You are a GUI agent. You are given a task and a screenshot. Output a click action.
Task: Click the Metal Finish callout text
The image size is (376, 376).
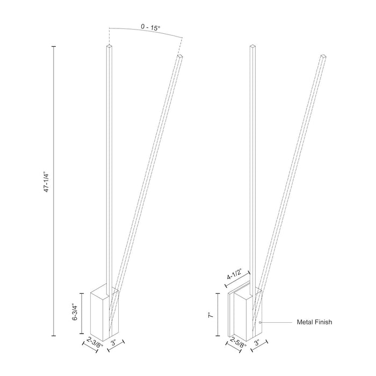[x=314, y=322]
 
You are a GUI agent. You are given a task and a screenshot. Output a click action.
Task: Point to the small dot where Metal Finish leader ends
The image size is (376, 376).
[x=260, y=322]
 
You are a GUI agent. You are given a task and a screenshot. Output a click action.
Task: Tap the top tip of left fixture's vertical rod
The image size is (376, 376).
[x=109, y=48]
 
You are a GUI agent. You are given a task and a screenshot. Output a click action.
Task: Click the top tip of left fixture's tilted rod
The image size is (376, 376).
[x=179, y=55]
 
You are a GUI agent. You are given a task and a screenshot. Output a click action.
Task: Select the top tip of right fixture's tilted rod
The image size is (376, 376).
[x=323, y=55]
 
